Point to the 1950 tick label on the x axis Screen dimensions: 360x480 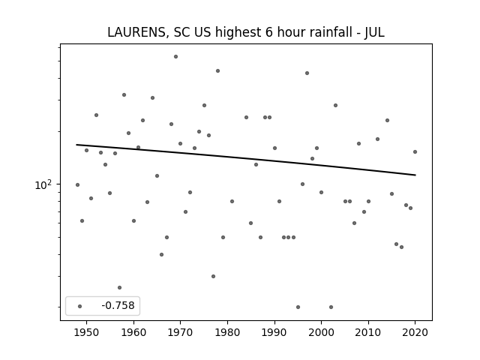(87, 332)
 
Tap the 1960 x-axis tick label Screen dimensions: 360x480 (133, 332)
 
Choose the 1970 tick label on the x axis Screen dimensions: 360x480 (181, 332)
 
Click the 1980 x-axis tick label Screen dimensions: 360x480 (227, 332)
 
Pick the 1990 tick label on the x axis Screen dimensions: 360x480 (274, 332)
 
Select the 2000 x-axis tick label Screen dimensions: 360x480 (321, 332)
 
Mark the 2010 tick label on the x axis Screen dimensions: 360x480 (368, 332)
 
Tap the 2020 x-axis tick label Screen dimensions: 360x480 (415, 332)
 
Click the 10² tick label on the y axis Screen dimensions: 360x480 (43, 184)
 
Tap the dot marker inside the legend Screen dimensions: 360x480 (79, 306)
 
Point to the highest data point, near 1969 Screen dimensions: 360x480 (175, 56)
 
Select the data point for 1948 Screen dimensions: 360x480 (77, 184)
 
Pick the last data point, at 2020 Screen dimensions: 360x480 (415, 151)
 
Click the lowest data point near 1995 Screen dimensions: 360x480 (298, 307)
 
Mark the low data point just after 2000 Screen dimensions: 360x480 (331, 307)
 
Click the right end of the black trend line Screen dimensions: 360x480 (415, 175)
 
